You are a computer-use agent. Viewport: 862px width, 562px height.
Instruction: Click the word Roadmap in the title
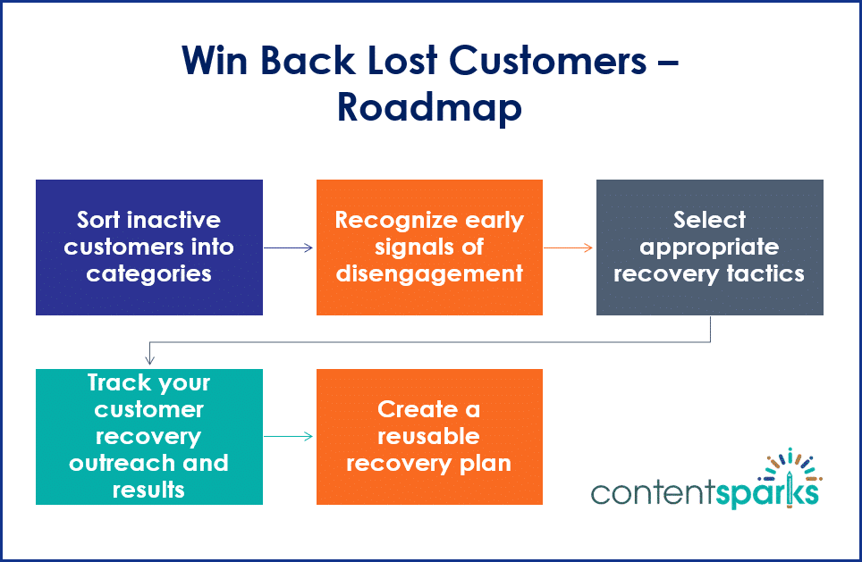click(429, 107)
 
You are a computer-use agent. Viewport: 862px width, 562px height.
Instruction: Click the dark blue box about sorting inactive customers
click(148, 247)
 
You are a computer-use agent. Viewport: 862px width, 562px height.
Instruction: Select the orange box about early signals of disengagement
click(429, 247)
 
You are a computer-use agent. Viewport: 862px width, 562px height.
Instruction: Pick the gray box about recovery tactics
click(709, 247)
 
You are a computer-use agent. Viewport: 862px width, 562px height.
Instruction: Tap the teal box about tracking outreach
click(148, 436)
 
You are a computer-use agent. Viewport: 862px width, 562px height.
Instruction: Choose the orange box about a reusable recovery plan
click(429, 436)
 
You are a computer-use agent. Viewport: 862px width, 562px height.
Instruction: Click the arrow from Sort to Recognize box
click(289, 247)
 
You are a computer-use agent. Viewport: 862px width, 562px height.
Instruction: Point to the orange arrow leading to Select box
click(569, 247)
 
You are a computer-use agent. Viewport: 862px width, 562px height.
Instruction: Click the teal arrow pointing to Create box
click(289, 437)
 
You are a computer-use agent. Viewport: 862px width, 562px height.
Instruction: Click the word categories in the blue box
click(148, 273)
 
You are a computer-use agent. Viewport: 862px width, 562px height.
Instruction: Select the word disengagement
click(429, 273)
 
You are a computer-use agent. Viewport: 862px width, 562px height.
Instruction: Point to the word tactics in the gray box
click(768, 273)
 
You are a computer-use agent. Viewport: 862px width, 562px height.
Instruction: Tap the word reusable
click(428, 436)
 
